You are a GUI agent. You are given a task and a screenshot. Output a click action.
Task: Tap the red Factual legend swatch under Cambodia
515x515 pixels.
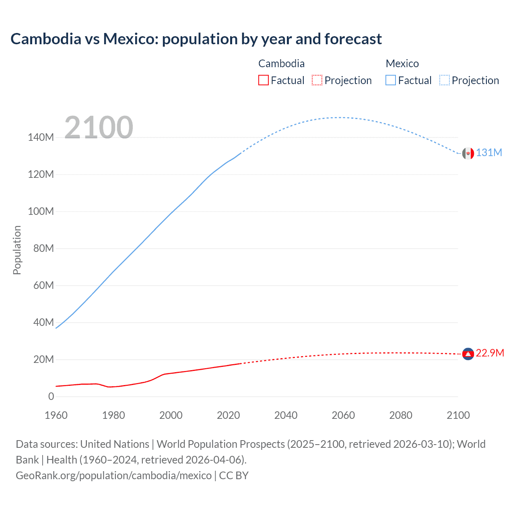(264, 80)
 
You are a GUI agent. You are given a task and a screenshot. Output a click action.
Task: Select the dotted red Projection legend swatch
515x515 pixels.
(317, 80)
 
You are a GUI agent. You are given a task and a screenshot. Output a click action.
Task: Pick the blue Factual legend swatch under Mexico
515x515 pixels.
(391, 80)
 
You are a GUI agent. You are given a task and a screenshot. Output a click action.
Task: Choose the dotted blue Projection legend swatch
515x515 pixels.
(445, 80)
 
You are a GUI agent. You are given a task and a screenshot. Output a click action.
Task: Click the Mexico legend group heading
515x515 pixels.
(402, 64)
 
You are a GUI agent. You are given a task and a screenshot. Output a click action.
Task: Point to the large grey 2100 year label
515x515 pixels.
(99, 128)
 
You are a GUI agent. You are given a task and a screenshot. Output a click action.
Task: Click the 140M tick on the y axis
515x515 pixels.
(41, 138)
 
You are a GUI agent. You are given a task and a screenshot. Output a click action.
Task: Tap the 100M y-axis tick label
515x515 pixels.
(41, 212)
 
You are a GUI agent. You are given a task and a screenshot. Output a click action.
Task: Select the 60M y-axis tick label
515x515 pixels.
(43, 286)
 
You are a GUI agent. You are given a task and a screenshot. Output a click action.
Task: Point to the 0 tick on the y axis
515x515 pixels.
(51, 397)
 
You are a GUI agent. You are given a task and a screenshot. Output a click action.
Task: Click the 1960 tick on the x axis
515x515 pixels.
(56, 415)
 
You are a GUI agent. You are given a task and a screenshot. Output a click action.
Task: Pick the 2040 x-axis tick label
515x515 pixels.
(286, 415)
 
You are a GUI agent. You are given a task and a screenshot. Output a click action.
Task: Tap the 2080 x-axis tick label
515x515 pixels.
(401, 415)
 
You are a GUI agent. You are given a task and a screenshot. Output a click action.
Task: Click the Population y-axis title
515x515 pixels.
(17, 250)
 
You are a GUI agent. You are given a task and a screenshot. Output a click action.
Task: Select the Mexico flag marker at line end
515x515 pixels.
(468, 153)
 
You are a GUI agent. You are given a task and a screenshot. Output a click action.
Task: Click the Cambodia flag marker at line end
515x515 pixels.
(468, 354)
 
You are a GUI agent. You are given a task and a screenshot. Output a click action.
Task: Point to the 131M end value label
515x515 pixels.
(489, 153)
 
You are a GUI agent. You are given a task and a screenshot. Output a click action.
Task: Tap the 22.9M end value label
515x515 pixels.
(490, 353)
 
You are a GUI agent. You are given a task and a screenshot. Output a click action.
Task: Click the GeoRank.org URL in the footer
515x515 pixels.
(113, 476)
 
